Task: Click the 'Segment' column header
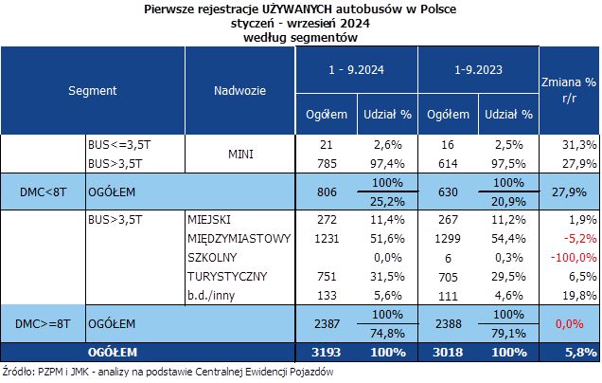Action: (92, 91)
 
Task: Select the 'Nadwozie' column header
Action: (239, 91)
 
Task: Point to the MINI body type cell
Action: (239, 154)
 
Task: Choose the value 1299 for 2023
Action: (445, 238)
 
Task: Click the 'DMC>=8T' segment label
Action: (45, 324)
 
